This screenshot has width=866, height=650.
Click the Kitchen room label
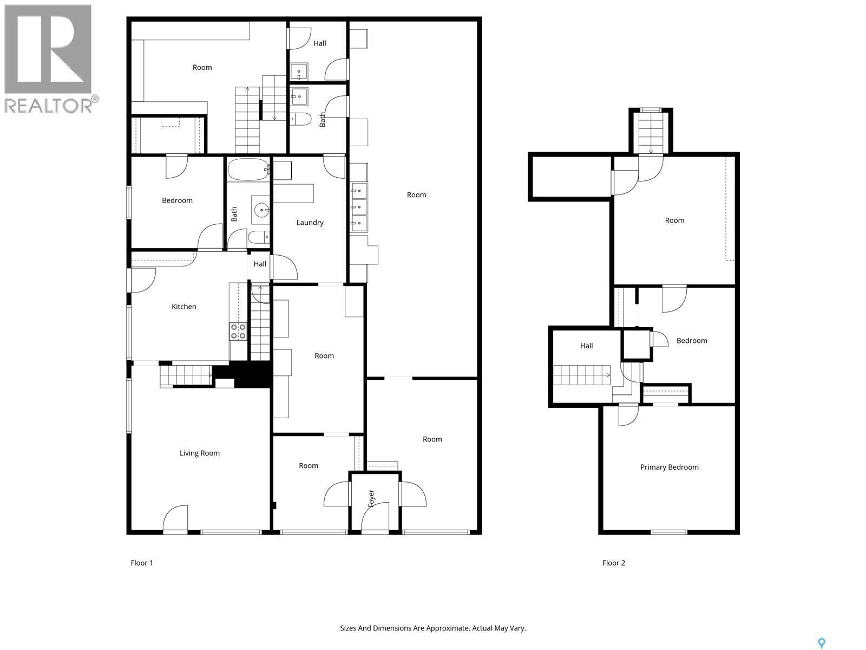(183, 307)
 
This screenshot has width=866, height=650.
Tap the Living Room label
(199, 453)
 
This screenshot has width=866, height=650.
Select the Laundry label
(310, 223)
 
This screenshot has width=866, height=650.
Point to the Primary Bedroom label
(669, 467)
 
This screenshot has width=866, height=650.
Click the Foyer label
(371, 498)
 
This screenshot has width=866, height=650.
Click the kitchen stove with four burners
(238, 331)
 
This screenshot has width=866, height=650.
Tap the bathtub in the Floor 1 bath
(248, 170)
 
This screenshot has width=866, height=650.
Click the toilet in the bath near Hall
(300, 119)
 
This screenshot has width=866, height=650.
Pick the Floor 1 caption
(142, 563)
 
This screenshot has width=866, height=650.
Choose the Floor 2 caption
(613, 563)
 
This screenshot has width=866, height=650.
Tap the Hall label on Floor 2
(586, 346)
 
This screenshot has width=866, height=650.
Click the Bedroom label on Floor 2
(692, 341)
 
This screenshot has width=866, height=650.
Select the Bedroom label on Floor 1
(177, 200)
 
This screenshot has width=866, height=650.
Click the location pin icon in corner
(822, 643)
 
